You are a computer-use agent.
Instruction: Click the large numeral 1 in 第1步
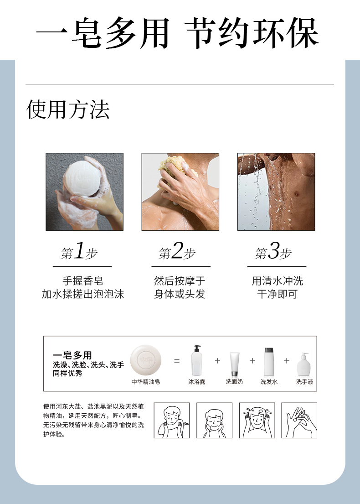point(79,251)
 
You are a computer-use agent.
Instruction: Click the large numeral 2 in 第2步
point(177,251)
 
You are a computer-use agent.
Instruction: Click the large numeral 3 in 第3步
point(273,251)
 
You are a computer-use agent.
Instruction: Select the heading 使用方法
point(68,109)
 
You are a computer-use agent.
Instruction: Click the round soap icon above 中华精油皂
point(146,360)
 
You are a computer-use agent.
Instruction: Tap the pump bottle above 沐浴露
point(196,360)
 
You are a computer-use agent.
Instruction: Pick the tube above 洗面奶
point(234,364)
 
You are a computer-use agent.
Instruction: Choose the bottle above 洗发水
point(269,362)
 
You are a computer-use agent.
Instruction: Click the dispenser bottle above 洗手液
point(304,364)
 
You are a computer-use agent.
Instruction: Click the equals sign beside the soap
point(177,361)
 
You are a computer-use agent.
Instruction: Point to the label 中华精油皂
point(146,382)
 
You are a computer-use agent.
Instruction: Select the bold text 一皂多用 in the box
point(72,355)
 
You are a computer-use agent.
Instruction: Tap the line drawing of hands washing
point(299,421)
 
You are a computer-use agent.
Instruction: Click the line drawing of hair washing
point(257,421)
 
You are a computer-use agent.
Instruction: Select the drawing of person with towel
point(171,421)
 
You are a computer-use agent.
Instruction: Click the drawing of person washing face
point(214,421)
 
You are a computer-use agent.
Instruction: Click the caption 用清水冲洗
point(277,281)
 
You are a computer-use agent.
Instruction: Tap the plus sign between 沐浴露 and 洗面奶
point(217,361)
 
